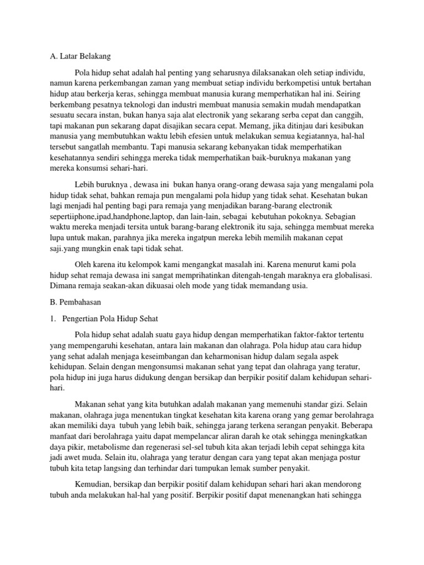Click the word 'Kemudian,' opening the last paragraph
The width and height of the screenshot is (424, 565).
click(92, 484)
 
